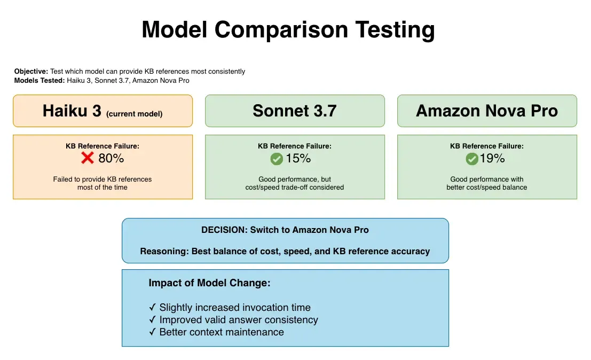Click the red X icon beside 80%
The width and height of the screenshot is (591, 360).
(x=88, y=158)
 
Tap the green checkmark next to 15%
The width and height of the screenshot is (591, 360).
(x=277, y=159)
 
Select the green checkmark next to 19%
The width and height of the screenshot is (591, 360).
(x=471, y=159)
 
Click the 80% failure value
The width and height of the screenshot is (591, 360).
(x=111, y=158)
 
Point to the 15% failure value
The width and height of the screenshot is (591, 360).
(x=298, y=159)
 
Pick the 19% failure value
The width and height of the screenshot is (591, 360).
(x=492, y=159)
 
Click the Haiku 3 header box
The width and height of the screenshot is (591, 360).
(x=103, y=111)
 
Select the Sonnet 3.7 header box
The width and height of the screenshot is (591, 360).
(x=295, y=111)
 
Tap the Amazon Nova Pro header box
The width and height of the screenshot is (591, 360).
(x=487, y=111)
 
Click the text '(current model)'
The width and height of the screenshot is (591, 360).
(x=134, y=114)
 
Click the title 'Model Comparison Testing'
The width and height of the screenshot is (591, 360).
(x=288, y=30)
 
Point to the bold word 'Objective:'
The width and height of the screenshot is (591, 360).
(x=31, y=72)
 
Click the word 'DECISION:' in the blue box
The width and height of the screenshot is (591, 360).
(x=224, y=230)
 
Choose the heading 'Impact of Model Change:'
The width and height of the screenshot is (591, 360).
(x=209, y=283)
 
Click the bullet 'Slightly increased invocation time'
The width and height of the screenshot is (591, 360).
(x=235, y=308)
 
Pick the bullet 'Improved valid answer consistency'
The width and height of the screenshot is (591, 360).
(x=239, y=320)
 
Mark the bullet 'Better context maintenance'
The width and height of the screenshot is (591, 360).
(x=222, y=332)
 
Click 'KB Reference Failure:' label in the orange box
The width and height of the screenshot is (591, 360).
(x=103, y=146)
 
